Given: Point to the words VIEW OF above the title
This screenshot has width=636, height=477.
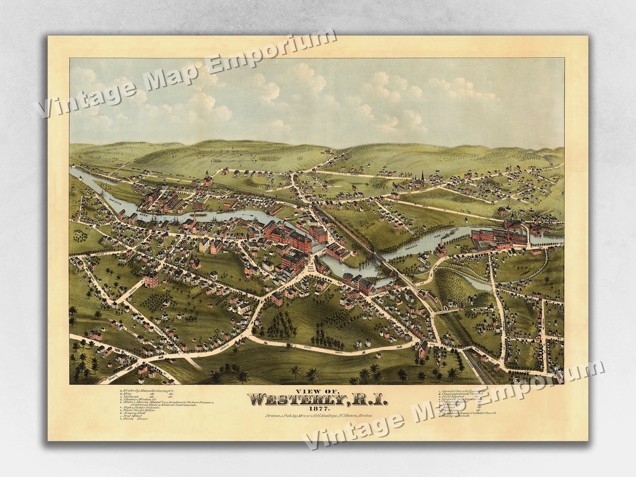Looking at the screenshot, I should pyautogui.click(x=317, y=390).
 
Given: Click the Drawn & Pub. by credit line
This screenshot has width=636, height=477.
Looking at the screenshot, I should pyautogui.click(x=317, y=418).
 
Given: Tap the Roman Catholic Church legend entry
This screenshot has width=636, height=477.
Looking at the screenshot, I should pyautogui.click(x=471, y=413).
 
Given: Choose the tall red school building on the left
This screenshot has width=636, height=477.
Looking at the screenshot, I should pyautogui.click(x=151, y=279).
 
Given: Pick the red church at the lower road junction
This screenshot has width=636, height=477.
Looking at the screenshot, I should pyautogui.click(x=422, y=349).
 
